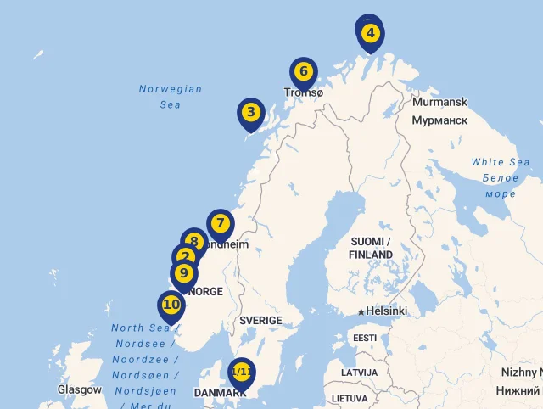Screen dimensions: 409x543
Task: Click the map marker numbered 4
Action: [x=370, y=34]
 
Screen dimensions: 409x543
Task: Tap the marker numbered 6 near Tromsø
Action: [x=303, y=72]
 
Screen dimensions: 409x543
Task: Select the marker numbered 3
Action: [x=249, y=112]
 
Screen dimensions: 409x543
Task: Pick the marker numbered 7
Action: [x=220, y=224]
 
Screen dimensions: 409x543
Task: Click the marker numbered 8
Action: [x=194, y=242]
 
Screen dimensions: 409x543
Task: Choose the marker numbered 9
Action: [x=182, y=273]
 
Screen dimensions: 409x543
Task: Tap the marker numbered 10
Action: [x=171, y=305]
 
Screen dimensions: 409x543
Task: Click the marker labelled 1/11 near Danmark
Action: [x=242, y=373]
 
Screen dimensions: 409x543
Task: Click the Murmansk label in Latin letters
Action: [x=439, y=102]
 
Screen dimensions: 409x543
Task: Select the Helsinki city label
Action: [x=387, y=311]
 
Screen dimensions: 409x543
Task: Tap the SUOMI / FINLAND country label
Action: [x=371, y=248]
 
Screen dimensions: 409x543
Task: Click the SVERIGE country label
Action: [x=260, y=321]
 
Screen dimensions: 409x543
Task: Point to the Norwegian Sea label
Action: [x=171, y=97]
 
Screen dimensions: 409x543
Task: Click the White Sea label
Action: [x=501, y=162]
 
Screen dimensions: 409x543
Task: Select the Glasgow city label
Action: [x=80, y=389]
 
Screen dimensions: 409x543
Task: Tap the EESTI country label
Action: [x=365, y=338]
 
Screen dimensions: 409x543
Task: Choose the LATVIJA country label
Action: [x=360, y=373]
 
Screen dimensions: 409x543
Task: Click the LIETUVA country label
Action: [x=350, y=398]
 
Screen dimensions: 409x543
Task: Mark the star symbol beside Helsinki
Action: [x=361, y=311]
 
